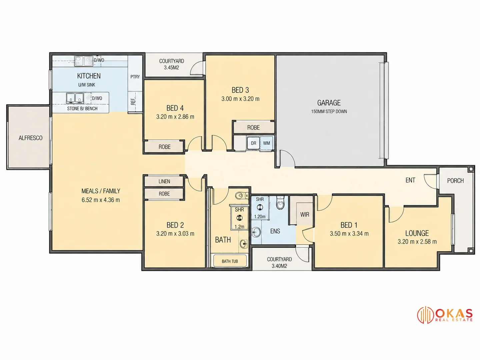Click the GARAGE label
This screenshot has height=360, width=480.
click(x=329, y=103)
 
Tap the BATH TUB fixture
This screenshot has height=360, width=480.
click(x=230, y=261)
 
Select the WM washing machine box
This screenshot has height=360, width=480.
click(x=266, y=143)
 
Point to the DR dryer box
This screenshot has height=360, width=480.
click(x=253, y=143)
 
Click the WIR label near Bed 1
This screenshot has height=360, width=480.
click(x=305, y=214)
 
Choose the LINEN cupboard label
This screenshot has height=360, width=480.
click(x=164, y=181)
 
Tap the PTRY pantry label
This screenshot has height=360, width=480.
click(x=135, y=77)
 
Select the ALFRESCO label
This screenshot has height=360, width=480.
click(x=30, y=138)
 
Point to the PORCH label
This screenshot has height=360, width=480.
click(x=455, y=181)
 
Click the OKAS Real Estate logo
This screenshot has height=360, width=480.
click(x=445, y=315)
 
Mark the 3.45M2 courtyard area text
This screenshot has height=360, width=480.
click(x=171, y=68)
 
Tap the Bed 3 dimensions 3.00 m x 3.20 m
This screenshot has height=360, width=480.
click(x=240, y=99)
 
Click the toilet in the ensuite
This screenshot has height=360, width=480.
click(x=280, y=203)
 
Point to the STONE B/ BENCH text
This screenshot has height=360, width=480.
click(x=82, y=108)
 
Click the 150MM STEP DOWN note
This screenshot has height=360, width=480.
click(x=329, y=111)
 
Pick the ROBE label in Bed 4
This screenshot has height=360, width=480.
click(x=164, y=147)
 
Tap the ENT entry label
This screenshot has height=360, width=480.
click(x=410, y=180)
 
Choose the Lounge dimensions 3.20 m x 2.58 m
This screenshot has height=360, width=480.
click(x=417, y=242)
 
